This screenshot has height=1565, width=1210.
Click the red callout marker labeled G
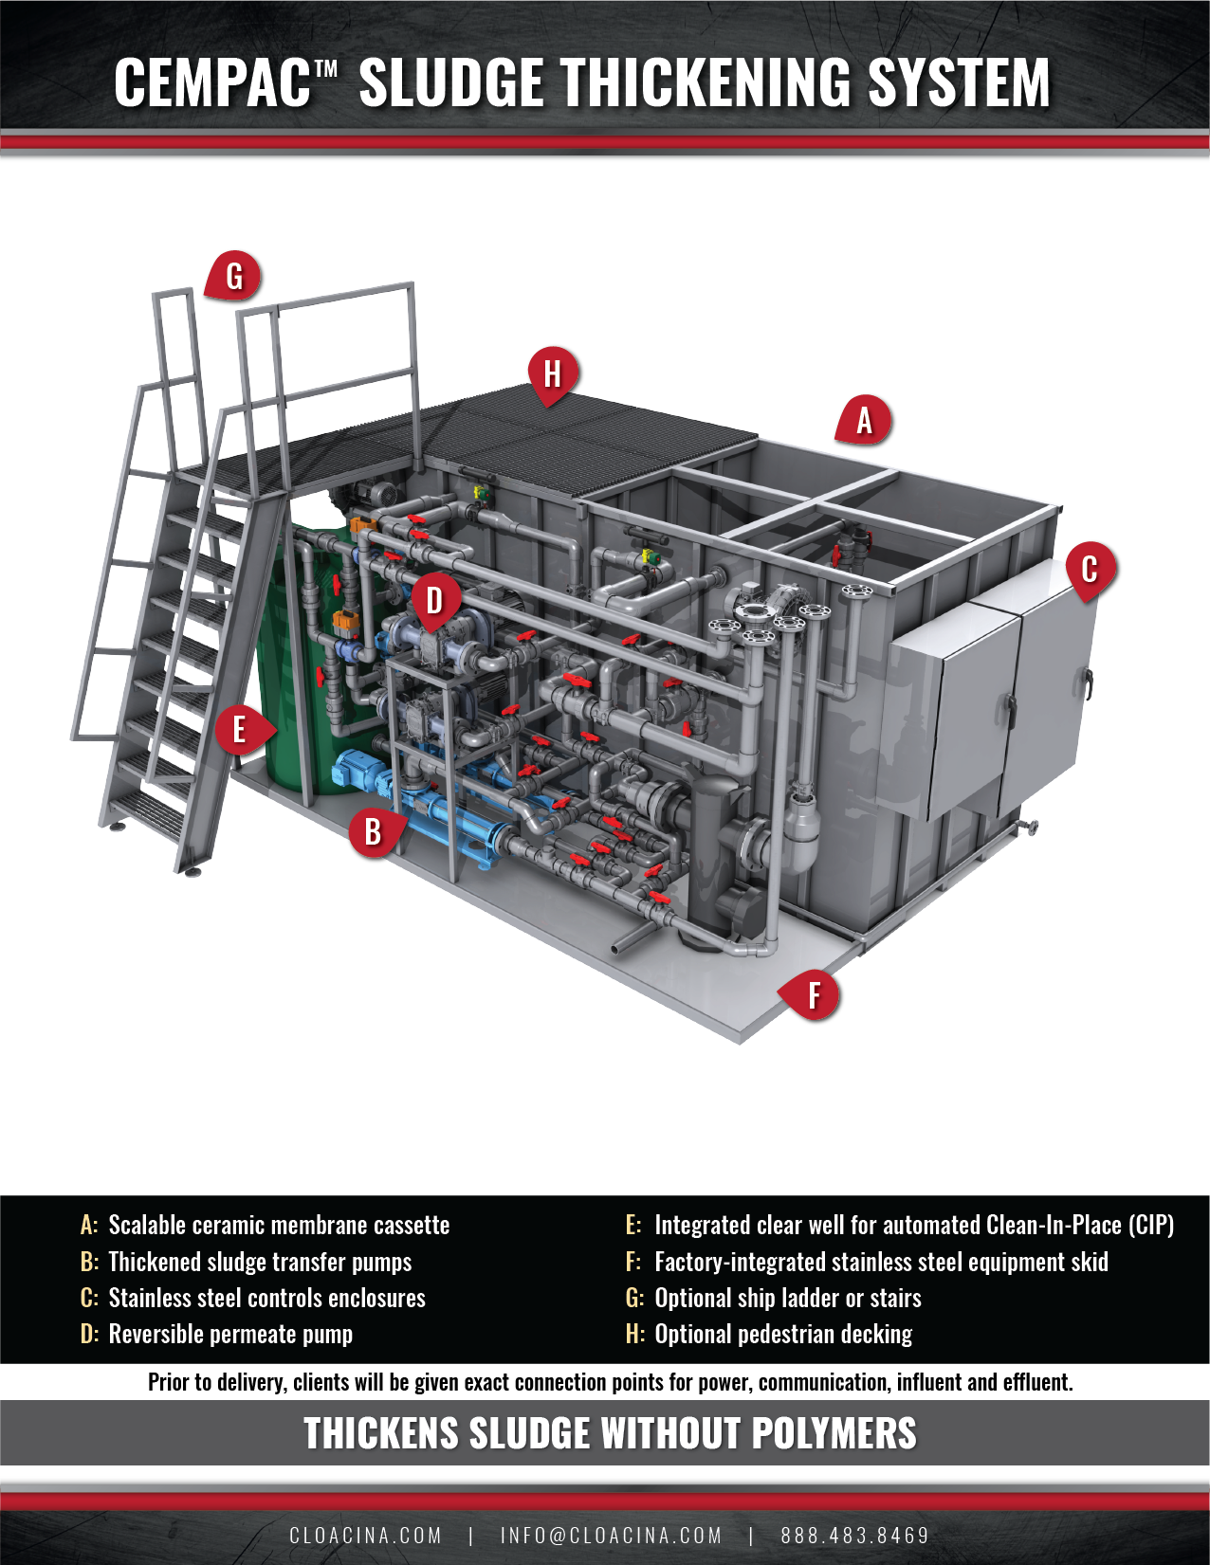click(x=233, y=277)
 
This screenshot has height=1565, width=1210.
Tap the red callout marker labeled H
click(x=553, y=373)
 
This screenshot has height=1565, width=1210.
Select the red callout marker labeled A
click(x=863, y=420)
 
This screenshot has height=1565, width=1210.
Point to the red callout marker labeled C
click(x=1090, y=569)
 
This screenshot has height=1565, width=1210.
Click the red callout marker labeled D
click(x=434, y=600)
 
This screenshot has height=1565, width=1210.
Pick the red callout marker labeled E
click(x=240, y=730)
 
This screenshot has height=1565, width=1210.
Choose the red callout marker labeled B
click(x=374, y=831)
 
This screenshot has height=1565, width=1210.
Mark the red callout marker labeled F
click(x=814, y=995)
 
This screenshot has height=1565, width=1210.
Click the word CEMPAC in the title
click(x=212, y=83)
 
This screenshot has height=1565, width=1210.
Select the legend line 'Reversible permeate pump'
click(x=230, y=1335)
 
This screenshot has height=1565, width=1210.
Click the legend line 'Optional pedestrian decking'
click(x=783, y=1335)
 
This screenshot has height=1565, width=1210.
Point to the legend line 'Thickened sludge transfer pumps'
click(x=260, y=1263)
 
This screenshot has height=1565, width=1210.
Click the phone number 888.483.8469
click(x=854, y=1535)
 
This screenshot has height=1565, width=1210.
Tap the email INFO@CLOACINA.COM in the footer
click(x=611, y=1535)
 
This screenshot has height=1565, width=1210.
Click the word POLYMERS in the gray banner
click(x=834, y=1433)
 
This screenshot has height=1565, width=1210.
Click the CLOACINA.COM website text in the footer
click(x=365, y=1535)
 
